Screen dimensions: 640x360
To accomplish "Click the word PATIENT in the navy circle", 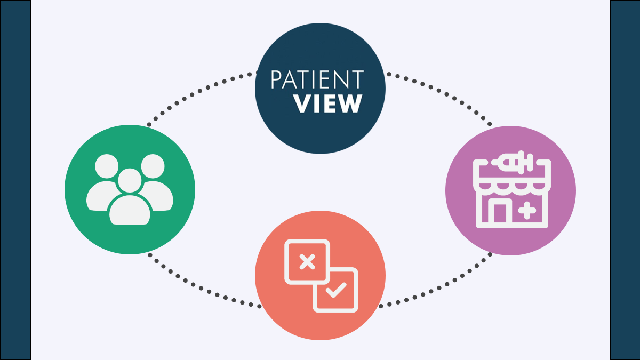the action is [317, 79].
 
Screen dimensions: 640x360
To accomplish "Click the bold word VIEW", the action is [328, 103].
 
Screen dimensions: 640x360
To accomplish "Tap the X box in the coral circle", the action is [307, 262].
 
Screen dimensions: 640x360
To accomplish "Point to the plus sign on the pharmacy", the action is [527, 211].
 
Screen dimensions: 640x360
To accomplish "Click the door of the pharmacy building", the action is [500, 212].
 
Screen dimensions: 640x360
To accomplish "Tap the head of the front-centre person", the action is [130, 181].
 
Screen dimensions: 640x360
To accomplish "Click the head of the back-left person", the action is [107, 166].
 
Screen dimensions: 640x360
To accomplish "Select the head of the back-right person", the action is [153, 166].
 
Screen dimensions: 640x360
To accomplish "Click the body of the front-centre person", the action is [130, 210].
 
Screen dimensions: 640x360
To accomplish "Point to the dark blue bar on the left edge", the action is [15, 180].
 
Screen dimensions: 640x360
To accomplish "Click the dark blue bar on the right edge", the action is [625, 180].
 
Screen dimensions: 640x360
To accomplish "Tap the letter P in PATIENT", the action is [276, 79].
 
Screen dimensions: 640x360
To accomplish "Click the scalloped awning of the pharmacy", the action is [512, 186].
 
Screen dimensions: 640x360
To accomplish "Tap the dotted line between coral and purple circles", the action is [439, 287].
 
